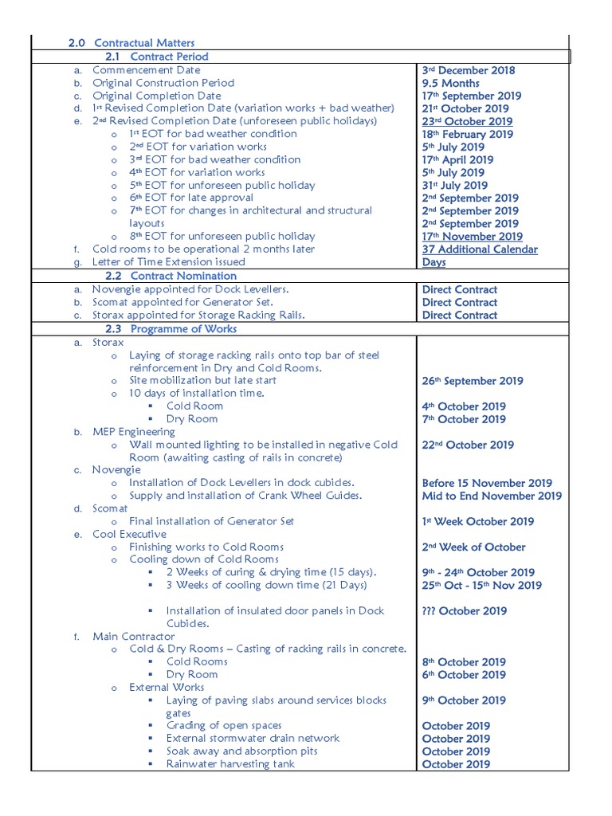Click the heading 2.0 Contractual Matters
pos(131,42)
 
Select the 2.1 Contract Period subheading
pos(157,57)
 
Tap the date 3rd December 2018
pos(469,70)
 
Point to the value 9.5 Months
pos(451,83)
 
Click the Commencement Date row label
pos(147,70)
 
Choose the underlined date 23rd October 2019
pos(467,121)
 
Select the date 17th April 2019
pos(457,159)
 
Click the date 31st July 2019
pos(454,185)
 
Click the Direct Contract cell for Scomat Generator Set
pos(460,302)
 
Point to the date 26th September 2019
pos(473,381)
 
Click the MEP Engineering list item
pos(133,432)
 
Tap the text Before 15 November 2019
pos(487,483)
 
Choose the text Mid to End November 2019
pos(492,496)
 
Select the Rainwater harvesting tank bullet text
pos(230,764)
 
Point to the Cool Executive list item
pos(130,534)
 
